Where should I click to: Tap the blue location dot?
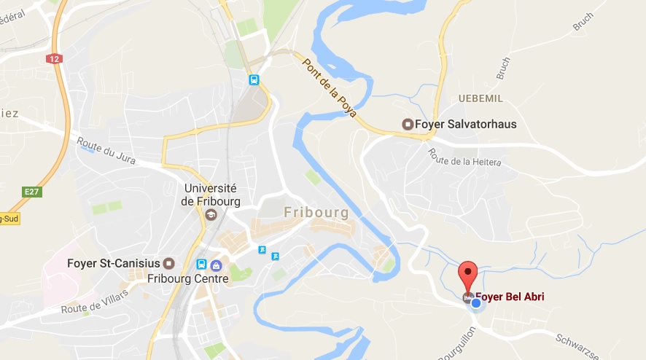(476, 302)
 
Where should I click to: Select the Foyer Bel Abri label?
(510, 297)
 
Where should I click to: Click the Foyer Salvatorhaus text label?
(465, 125)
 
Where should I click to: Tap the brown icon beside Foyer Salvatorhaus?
(408, 125)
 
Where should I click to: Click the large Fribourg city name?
(316, 212)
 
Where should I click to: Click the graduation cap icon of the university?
(211, 214)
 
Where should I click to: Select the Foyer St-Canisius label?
(114, 263)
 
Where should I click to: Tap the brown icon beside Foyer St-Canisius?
(169, 263)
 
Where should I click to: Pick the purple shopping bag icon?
(216, 265)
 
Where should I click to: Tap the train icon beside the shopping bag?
(201, 265)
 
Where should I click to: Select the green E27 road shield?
(31, 192)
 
